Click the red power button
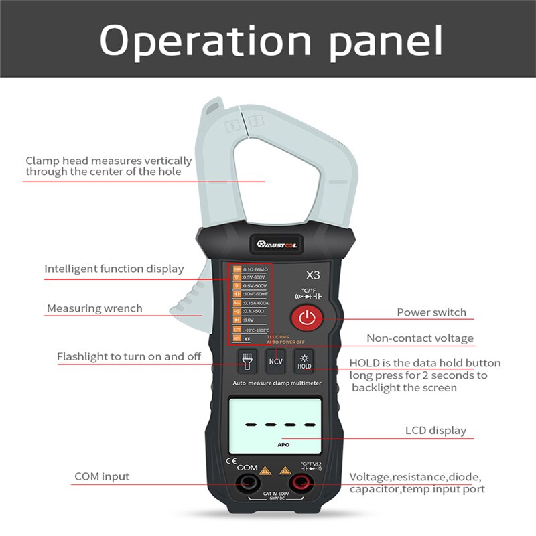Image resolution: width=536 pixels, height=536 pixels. click(306, 318)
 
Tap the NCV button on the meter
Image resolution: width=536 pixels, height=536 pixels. click(275, 361)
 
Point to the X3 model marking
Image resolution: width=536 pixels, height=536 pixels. click(312, 274)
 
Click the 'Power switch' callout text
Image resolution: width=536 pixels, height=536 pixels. click(431, 312)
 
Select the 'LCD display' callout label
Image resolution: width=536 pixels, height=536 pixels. click(435, 431)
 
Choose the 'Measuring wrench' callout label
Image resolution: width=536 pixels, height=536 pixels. click(94, 309)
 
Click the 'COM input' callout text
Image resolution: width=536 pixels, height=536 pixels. click(102, 477)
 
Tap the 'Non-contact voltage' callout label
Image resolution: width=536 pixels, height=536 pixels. click(419, 338)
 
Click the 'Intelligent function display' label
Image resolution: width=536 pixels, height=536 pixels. click(114, 269)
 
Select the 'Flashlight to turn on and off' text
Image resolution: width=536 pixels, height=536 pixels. click(129, 356)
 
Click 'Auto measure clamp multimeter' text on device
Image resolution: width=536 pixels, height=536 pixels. click(277, 383)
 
